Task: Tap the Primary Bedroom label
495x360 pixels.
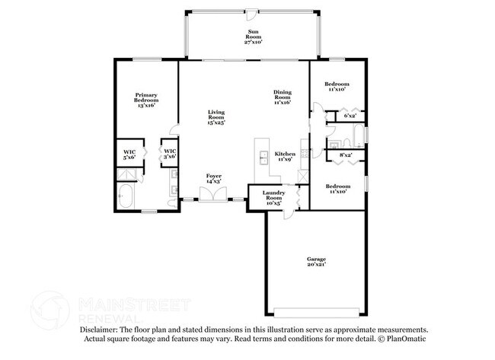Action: (146, 100)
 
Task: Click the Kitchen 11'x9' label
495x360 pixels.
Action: (285, 157)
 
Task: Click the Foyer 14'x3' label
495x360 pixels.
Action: (214, 179)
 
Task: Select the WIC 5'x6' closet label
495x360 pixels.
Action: (129, 154)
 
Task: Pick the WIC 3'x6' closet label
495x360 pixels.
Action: (169, 154)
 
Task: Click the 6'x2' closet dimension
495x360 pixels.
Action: (350, 116)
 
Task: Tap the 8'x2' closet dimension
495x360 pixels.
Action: (345, 155)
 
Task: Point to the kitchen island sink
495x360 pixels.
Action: (263, 158)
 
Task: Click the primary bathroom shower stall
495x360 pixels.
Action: (126, 174)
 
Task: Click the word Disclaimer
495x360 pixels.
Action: (98, 329)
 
